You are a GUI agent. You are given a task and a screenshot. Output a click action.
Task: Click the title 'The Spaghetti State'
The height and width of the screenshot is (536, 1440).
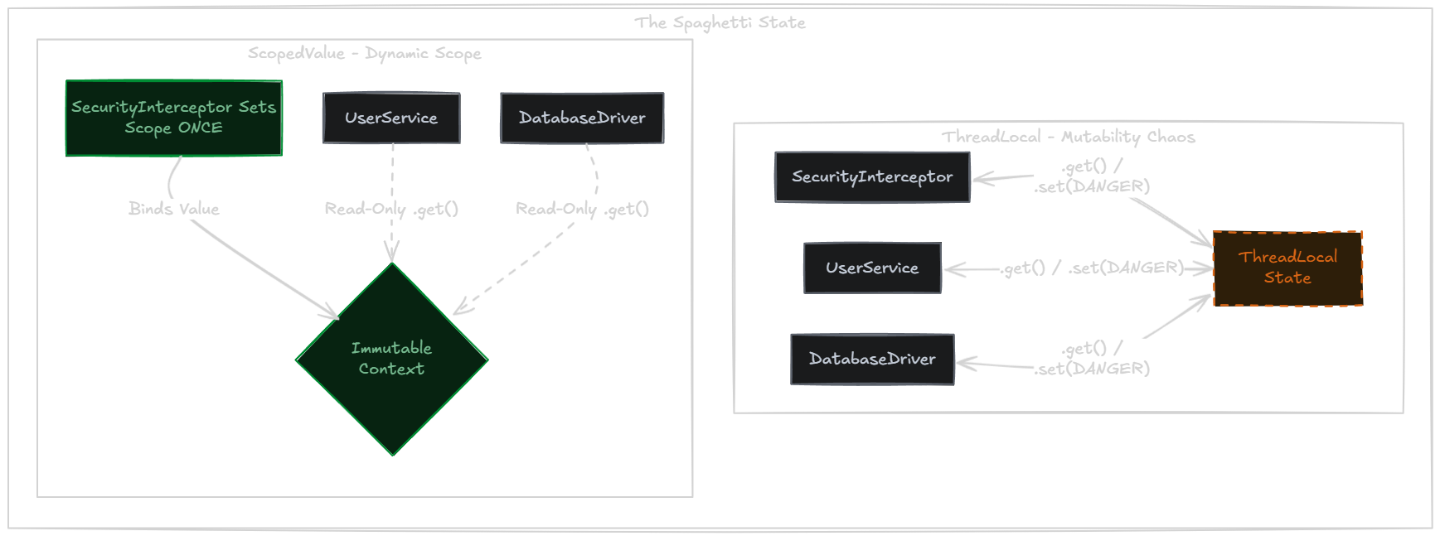coord(720,22)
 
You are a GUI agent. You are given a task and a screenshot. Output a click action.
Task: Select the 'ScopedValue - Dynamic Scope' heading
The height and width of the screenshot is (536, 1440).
coord(364,54)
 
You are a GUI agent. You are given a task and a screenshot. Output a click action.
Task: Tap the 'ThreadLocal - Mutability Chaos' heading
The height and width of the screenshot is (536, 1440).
coord(1068,137)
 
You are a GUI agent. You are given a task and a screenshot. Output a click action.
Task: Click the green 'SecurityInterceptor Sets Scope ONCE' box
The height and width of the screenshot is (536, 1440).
coord(174,118)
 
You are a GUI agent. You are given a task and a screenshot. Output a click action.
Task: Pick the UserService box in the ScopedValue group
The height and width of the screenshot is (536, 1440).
coord(391,118)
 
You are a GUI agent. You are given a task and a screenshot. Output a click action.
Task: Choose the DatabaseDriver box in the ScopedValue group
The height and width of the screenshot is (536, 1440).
coord(582,118)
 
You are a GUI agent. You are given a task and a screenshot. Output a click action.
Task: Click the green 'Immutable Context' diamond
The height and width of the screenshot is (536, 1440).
coord(391,359)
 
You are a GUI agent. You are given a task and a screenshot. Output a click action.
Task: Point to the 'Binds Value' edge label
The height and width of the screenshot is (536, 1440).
coord(174,209)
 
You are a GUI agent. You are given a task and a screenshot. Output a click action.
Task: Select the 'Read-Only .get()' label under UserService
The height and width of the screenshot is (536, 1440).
coord(391,209)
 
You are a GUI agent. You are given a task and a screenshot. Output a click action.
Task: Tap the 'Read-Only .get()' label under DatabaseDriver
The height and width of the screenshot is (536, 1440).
coord(582,209)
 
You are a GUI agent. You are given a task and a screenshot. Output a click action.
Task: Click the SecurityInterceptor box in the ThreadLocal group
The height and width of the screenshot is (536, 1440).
coord(872,176)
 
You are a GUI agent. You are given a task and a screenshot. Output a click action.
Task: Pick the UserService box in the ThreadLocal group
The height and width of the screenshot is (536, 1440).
coord(872,268)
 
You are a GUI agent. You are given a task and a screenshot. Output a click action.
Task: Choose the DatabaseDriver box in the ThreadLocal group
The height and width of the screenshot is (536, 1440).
coord(872,359)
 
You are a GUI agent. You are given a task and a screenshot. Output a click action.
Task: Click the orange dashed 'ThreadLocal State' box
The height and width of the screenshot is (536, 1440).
coord(1287,268)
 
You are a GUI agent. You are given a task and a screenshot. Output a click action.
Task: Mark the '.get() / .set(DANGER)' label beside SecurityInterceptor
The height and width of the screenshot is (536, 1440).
coord(1092,176)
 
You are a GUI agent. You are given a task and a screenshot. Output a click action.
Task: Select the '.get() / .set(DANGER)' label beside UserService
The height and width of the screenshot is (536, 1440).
coord(1092,268)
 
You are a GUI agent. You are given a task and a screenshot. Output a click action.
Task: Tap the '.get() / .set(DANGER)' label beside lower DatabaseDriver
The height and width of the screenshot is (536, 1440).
coord(1092,359)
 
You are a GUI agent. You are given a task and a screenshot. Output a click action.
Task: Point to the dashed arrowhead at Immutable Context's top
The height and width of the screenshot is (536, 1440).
coord(392,254)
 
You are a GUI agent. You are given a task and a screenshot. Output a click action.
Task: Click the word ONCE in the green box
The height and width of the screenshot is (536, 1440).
coord(200,128)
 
